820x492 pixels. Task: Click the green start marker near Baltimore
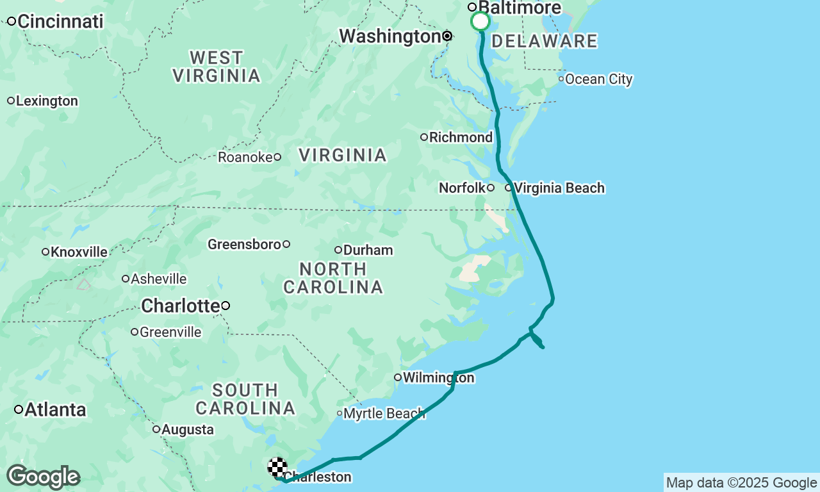pyautogui.click(x=480, y=22)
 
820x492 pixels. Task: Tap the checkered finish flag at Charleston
pyautogui.click(x=277, y=467)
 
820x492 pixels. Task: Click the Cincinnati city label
pyautogui.click(x=60, y=21)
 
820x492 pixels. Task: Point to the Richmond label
pyautogui.click(x=461, y=137)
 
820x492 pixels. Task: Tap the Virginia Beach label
pyautogui.click(x=559, y=188)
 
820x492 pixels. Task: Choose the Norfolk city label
pyautogui.click(x=462, y=188)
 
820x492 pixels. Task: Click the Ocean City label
pyautogui.click(x=598, y=79)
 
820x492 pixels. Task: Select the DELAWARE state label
pyautogui.click(x=545, y=42)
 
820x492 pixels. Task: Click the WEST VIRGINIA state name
pyautogui.click(x=217, y=67)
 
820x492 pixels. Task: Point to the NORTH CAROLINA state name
pyautogui.click(x=333, y=278)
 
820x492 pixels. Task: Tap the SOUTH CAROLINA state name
pyautogui.click(x=245, y=399)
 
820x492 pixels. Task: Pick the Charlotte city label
pyautogui.click(x=180, y=306)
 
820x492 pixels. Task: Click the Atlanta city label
pyautogui.click(x=55, y=409)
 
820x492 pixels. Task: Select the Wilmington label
pyautogui.click(x=438, y=377)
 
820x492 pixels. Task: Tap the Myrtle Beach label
pyautogui.click(x=384, y=413)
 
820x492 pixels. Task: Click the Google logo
pyautogui.click(x=43, y=477)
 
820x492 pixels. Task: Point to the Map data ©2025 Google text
pyautogui.click(x=741, y=483)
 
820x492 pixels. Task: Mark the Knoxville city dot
pyautogui.click(x=45, y=252)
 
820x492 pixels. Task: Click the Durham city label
pyautogui.click(x=368, y=250)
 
